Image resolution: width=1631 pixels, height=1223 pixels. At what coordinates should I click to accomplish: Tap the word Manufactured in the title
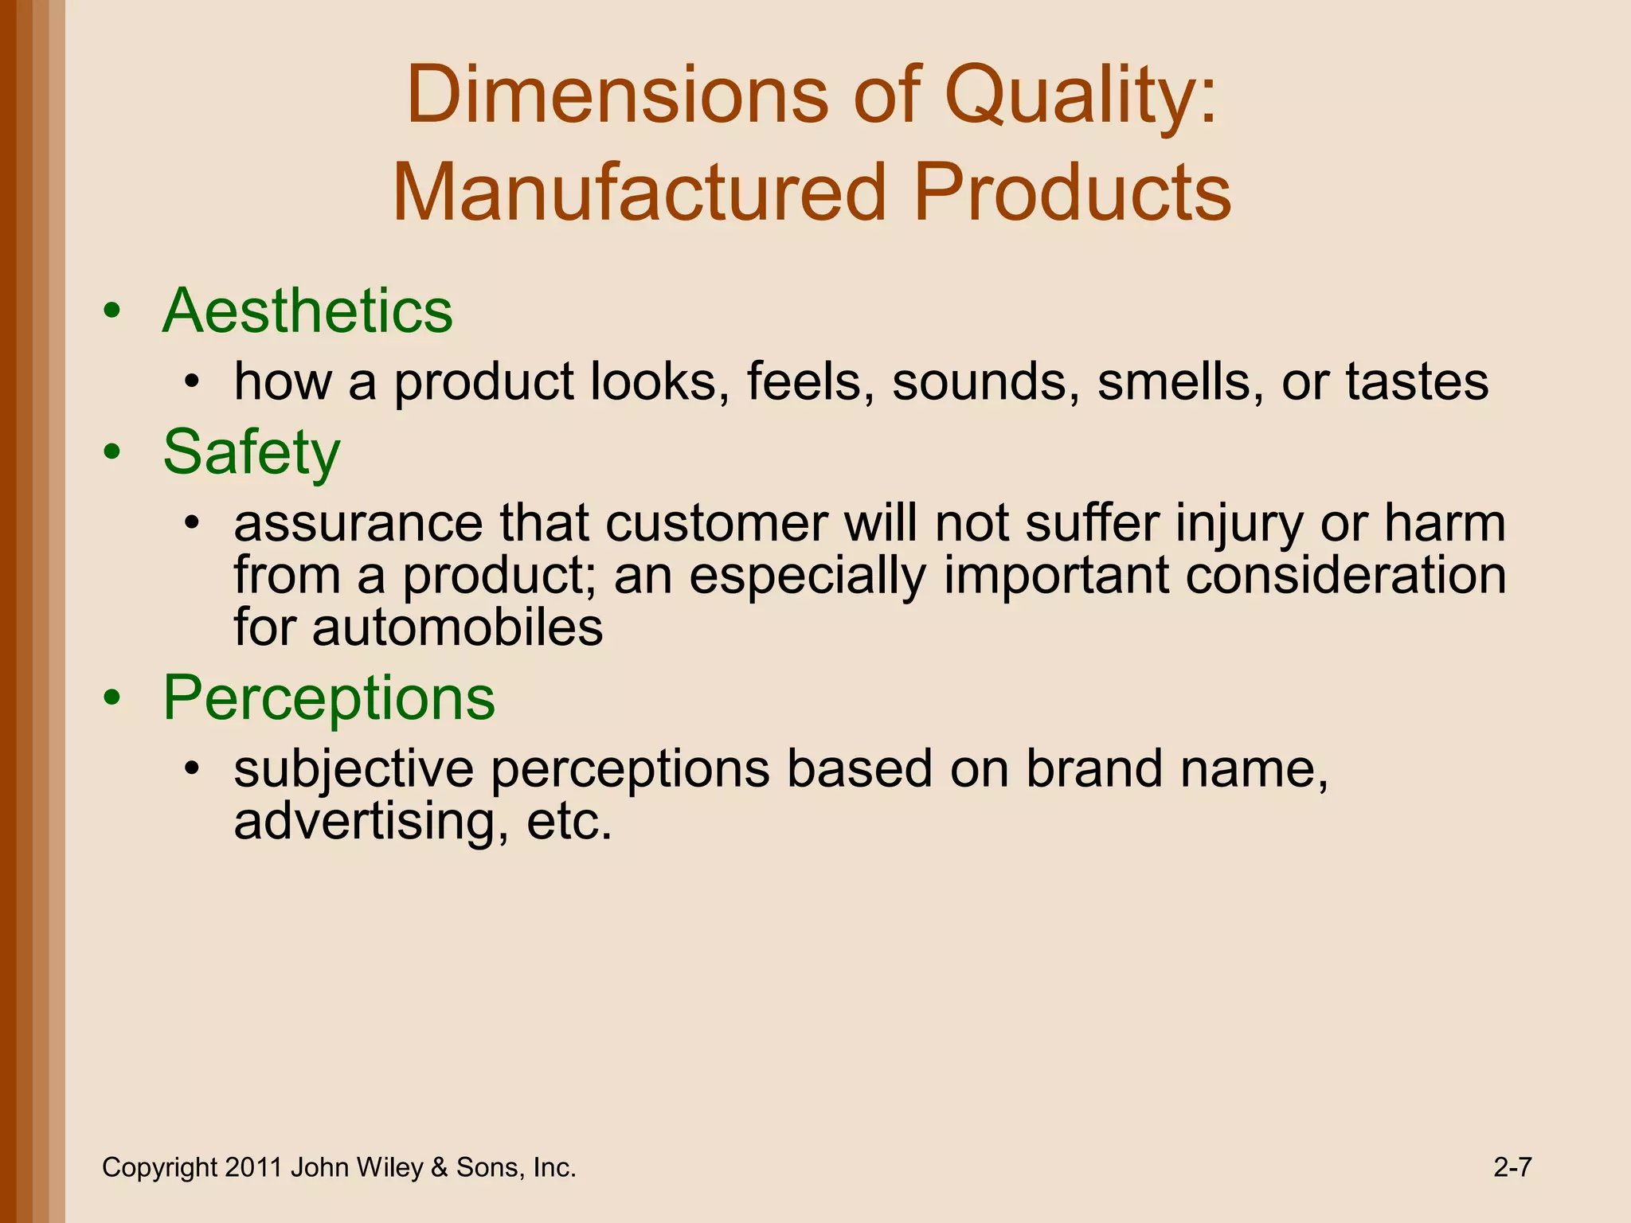point(639,193)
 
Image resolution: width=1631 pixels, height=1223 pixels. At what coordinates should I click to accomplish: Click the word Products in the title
point(1073,193)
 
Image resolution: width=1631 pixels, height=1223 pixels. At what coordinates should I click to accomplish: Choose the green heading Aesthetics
point(307,311)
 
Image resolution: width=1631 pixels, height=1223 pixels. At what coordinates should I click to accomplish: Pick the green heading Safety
point(252,452)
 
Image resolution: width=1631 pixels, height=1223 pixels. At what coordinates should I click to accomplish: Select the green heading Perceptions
point(329,697)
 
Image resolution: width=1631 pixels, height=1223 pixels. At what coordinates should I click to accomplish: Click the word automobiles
point(457,627)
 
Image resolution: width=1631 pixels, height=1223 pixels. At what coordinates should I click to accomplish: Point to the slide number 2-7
point(1512,1167)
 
